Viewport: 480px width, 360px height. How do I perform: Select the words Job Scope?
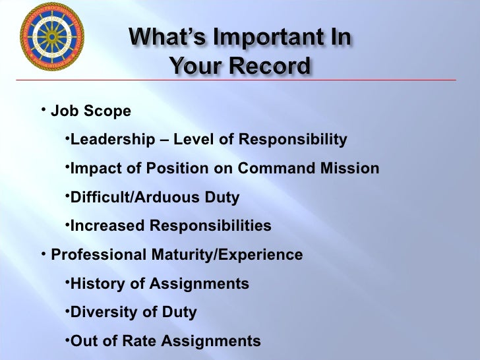[91, 111]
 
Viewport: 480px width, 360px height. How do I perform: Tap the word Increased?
[107, 226]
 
